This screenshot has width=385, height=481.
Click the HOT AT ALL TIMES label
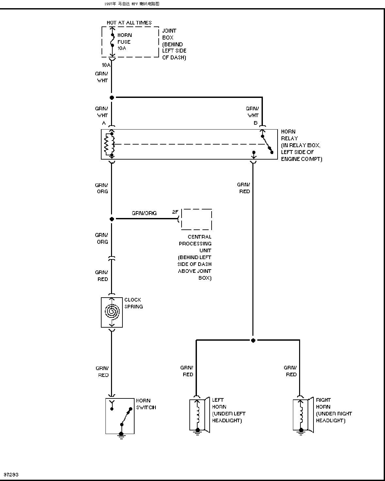pos(129,23)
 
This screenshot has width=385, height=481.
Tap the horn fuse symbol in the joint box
pos(113,40)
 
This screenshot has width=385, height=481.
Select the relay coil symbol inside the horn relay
pos(109,144)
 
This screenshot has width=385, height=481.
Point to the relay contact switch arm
pos(267,144)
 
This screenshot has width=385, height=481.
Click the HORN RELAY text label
pos(289,135)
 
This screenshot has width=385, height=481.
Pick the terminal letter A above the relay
pos(104,123)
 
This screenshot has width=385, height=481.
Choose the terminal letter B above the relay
pos(255,123)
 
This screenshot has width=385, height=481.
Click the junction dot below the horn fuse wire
pos(112,98)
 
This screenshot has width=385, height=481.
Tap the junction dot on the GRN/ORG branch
pos(112,219)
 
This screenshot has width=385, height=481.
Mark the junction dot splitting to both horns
pos(253,340)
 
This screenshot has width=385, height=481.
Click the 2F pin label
pos(175,212)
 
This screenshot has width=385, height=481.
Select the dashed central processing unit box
pos(196,219)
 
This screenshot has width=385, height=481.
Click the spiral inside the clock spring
pos(112,311)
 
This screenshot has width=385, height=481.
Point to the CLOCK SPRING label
pos(134,303)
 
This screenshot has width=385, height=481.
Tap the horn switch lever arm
pos(126,416)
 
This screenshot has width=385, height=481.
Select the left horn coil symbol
pos(198,414)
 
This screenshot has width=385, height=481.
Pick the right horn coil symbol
pos(301,414)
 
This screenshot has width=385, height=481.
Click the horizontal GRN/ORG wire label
pos(144,213)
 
